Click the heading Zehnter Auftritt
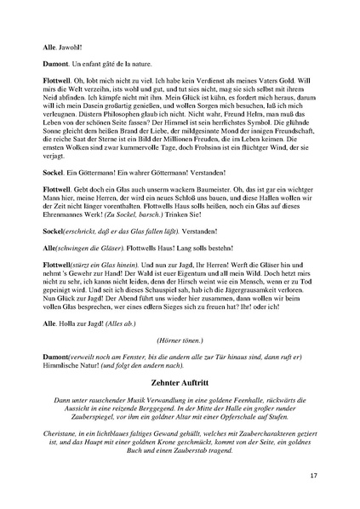180,383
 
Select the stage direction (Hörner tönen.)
180,339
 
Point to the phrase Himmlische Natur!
77,363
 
